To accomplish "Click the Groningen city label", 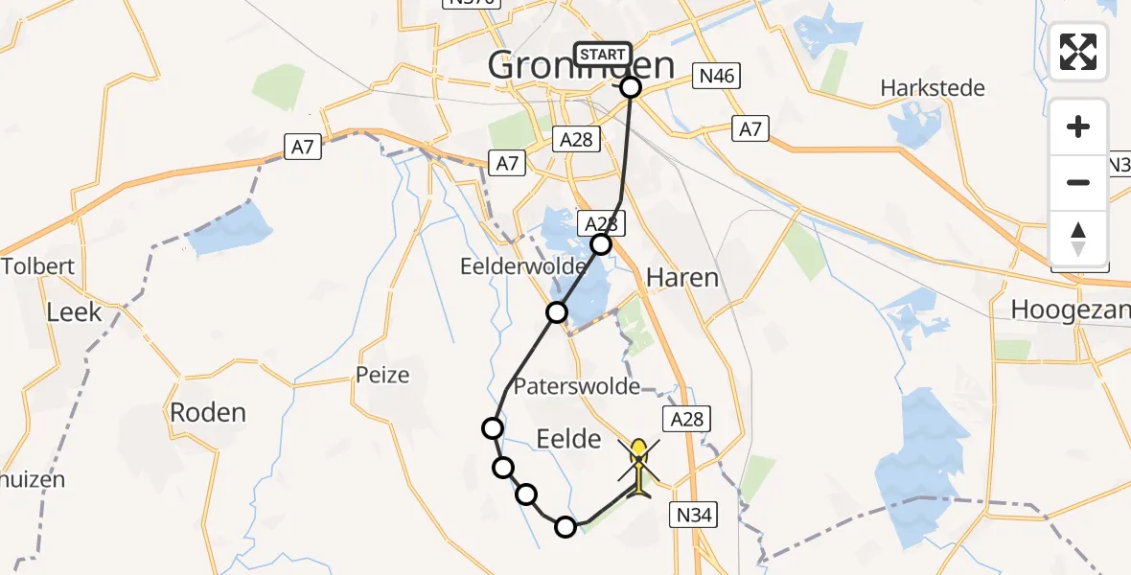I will click(581, 66).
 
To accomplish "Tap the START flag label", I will click(603, 55).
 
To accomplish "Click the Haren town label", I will click(681, 278).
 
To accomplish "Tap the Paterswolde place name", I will click(577, 386).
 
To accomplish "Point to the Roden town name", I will click(208, 412).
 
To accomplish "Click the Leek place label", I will click(74, 311).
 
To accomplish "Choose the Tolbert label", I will click(37, 266).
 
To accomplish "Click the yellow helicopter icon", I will click(639, 467).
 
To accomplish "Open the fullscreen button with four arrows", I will click(1078, 52).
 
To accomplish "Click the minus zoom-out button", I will click(1078, 182).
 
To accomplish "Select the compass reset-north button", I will click(1078, 238).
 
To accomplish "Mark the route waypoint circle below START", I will click(631, 87).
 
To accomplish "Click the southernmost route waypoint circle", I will click(565, 526).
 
